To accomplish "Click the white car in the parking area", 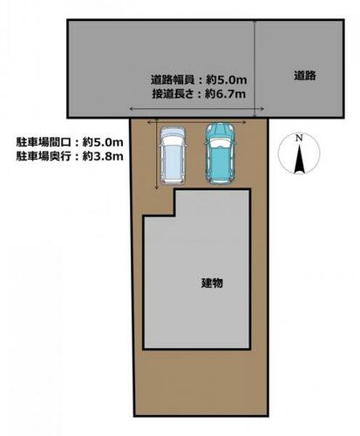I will coord(172,155).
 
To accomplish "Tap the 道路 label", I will coord(304,76).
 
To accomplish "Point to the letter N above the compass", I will coord(298,138).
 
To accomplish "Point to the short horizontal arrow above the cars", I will coord(195,123).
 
